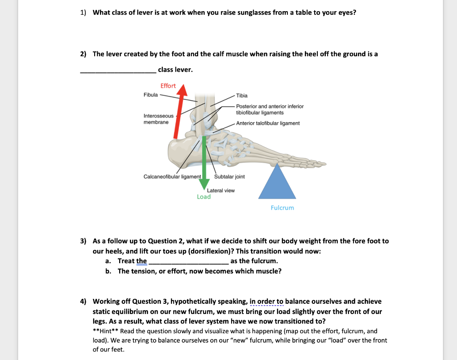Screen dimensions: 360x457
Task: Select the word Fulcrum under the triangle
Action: pyautogui.click(x=282, y=208)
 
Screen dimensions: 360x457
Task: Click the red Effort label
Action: pyautogui.click(x=168, y=86)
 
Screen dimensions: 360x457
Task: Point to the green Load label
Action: pyautogui.click(x=204, y=197)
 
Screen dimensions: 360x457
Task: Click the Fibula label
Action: pyautogui.click(x=150, y=95)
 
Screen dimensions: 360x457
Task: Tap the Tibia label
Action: pyautogui.click(x=241, y=95)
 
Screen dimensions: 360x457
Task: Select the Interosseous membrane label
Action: pyautogui.click(x=158, y=119)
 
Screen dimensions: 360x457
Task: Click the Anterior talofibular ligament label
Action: pyautogui.click(x=268, y=123)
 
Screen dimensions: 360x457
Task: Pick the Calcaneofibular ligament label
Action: pyautogui.click(x=172, y=177)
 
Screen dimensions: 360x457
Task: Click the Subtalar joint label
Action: pyautogui.click(x=229, y=177)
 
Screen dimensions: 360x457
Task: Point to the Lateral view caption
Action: pyautogui.click(x=220, y=190)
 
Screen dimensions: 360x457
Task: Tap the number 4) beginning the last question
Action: pyautogui.click(x=83, y=302)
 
